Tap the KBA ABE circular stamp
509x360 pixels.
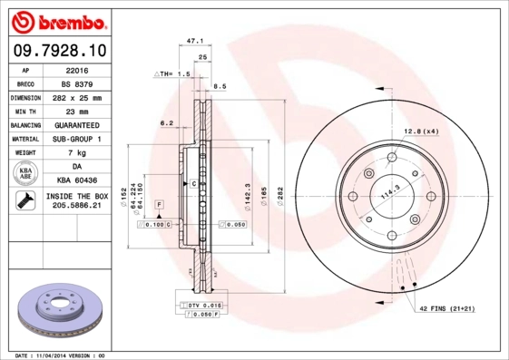point(25,174)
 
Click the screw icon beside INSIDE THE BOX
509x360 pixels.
point(25,201)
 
